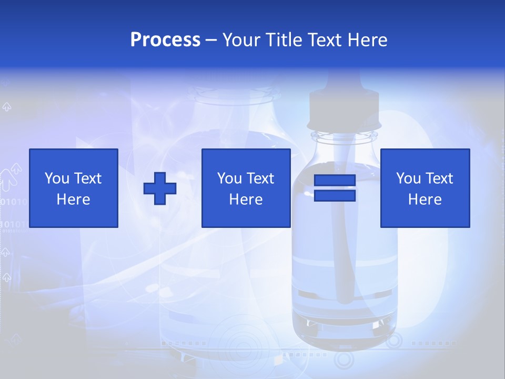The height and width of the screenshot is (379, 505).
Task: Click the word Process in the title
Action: click(x=165, y=40)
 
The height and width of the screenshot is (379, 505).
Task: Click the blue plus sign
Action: click(x=160, y=188)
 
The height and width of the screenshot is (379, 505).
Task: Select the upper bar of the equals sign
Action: click(x=335, y=181)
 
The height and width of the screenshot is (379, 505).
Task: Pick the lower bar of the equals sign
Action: click(x=335, y=196)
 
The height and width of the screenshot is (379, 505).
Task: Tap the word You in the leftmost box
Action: click(x=57, y=178)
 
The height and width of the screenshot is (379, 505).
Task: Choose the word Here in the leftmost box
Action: click(x=73, y=199)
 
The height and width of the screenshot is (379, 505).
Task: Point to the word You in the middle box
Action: click(x=229, y=178)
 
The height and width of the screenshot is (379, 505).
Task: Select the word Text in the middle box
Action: click(x=260, y=178)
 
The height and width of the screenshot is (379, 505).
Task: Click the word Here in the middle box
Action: click(x=246, y=199)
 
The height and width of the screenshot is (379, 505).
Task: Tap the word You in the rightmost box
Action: click(x=408, y=178)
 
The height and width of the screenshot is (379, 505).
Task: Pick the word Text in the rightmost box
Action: click(x=439, y=178)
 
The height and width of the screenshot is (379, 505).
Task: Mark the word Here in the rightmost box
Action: click(x=425, y=199)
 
